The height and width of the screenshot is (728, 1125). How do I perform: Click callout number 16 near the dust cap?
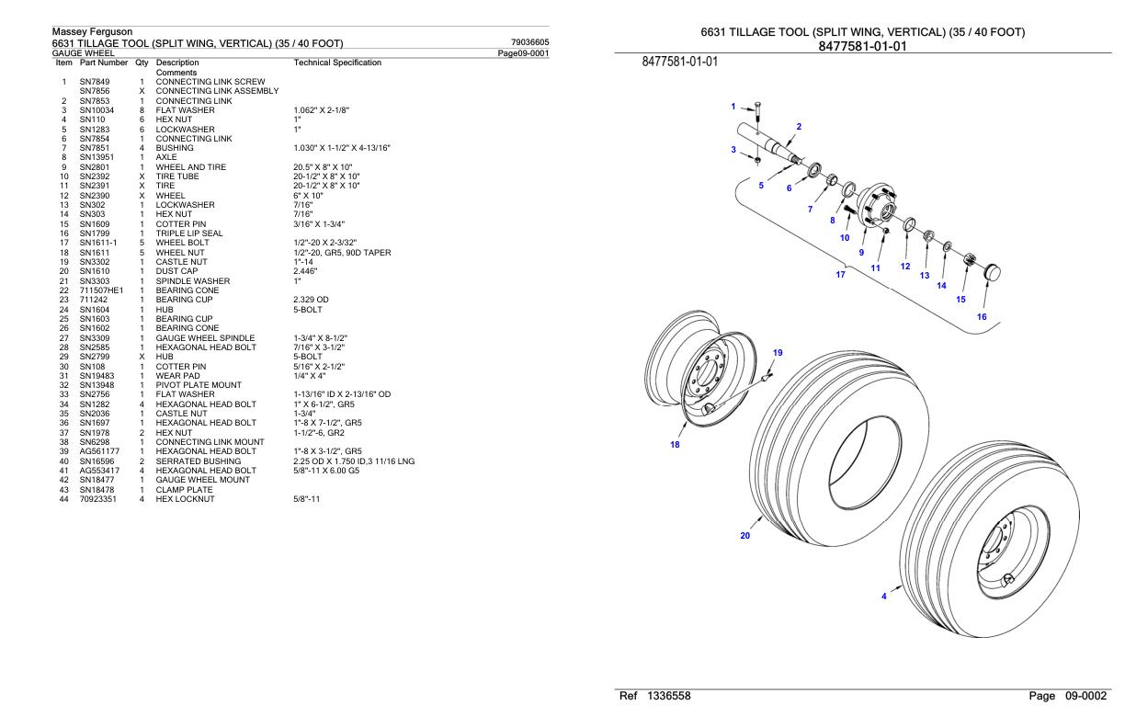click(x=982, y=316)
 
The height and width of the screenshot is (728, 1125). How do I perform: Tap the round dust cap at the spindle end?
click(x=992, y=273)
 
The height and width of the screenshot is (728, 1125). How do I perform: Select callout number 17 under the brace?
click(x=840, y=274)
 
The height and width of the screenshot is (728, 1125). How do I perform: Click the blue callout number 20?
click(x=745, y=536)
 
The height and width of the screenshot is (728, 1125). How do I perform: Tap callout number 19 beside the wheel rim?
click(x=778, y=353)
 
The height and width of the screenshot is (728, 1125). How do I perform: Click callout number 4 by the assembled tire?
click(x=884, y=596)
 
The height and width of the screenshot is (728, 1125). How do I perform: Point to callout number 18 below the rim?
click(x=676, y=445)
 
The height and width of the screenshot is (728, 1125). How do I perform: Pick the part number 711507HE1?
click(x=97, y=290)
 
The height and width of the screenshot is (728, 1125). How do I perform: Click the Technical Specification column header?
click(x=336, y=63)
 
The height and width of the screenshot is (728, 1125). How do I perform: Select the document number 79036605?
click(x=529, y=42)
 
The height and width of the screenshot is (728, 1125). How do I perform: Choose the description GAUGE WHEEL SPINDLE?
click(x=200, y=337)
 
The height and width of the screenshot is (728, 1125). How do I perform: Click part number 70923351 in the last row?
click(x=97, y=499)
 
